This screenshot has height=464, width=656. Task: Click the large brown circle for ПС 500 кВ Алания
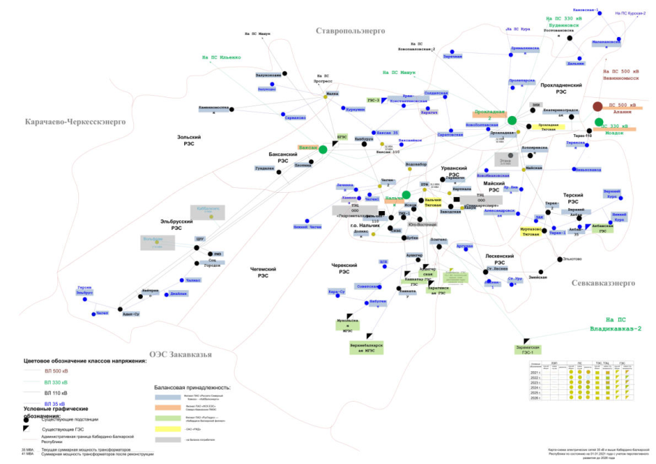pyautogui.click(x=597, y=107)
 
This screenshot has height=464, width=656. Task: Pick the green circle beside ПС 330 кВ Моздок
pyautogui.click(x=599, y=123)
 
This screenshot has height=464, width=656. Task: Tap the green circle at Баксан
pyautogui.click(x=323, y=149)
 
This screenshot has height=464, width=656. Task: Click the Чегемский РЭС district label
pyautogui.click(x=259, y=271)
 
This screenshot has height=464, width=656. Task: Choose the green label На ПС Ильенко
pyautogui.click(x=221, y=57)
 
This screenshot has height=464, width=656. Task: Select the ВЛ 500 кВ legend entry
pyautogui.click(x=56, y=370)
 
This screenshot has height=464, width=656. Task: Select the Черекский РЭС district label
pyautogui.click(x=345, y=268)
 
